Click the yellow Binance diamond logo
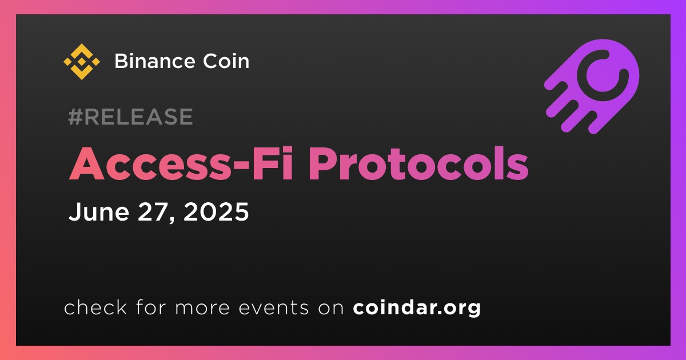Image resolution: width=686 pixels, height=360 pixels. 81,62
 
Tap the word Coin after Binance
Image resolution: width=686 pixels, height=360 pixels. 226,61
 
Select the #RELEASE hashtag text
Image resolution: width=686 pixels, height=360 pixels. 130,117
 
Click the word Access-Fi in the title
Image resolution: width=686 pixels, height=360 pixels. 181,164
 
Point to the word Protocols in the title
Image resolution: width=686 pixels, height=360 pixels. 418,164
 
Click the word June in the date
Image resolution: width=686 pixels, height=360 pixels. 98,211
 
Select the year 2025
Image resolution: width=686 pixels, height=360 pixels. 216,211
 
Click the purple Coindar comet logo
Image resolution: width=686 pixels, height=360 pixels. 592,86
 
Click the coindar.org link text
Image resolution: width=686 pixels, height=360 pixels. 417,307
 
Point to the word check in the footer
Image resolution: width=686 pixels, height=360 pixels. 95,307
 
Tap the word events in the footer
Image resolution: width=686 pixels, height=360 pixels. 274,307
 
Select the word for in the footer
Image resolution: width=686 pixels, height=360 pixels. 151,307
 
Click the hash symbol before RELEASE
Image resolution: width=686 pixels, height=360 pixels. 75,117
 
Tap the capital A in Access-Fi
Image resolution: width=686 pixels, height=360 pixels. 87,165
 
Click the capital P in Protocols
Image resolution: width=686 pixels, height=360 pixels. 322,165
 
